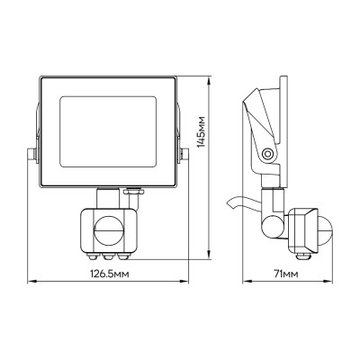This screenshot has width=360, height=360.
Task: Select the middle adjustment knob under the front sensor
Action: [x=106, y=255]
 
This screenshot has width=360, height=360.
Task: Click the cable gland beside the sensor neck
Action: [x=135, y=191]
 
